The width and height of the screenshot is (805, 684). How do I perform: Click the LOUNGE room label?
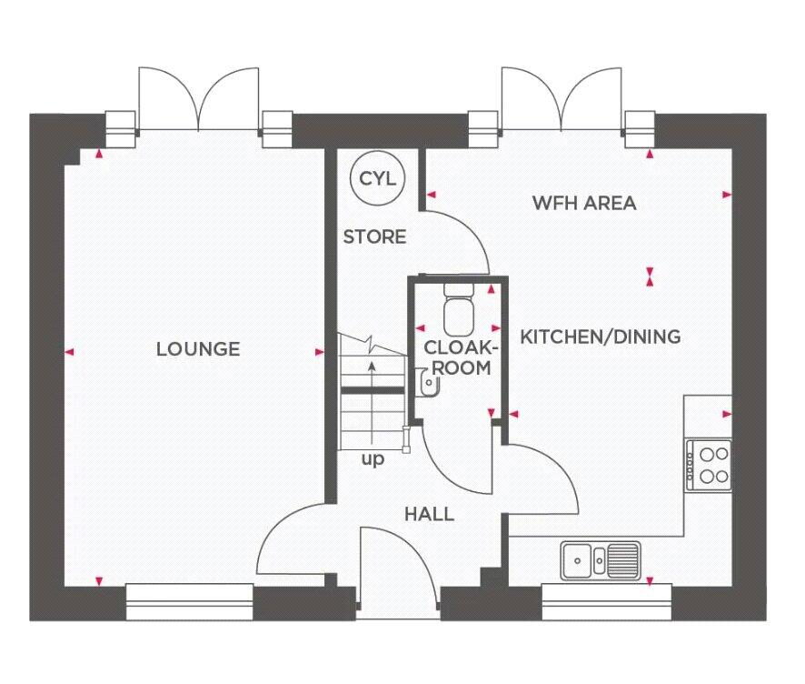coord(198,349)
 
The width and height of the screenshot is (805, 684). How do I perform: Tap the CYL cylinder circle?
coord(377,178)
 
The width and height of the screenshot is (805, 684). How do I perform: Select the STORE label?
coord(374,236)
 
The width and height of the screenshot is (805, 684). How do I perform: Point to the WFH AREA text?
coord(584,203)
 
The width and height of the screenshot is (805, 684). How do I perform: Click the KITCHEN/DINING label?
coord(601,337)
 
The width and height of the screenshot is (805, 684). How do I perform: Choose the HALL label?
coord(429,515)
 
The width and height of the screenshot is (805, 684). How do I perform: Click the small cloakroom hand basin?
coord(427,382)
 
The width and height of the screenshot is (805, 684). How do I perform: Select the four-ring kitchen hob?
coord(709,465)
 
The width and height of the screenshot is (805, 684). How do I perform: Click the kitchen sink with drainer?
coord(601,559)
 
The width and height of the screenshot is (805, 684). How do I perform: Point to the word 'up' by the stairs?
coord(373,459)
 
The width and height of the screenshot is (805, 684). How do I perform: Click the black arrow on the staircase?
coord(372,401)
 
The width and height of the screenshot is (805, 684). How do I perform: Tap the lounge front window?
coord(190,602)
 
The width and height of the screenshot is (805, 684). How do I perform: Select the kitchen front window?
coord(607,602)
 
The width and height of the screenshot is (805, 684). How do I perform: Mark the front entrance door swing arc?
coord(405,545)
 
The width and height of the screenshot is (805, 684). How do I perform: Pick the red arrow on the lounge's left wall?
coord(69,352)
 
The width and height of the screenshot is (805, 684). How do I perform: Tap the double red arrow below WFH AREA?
coord(650,277)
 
